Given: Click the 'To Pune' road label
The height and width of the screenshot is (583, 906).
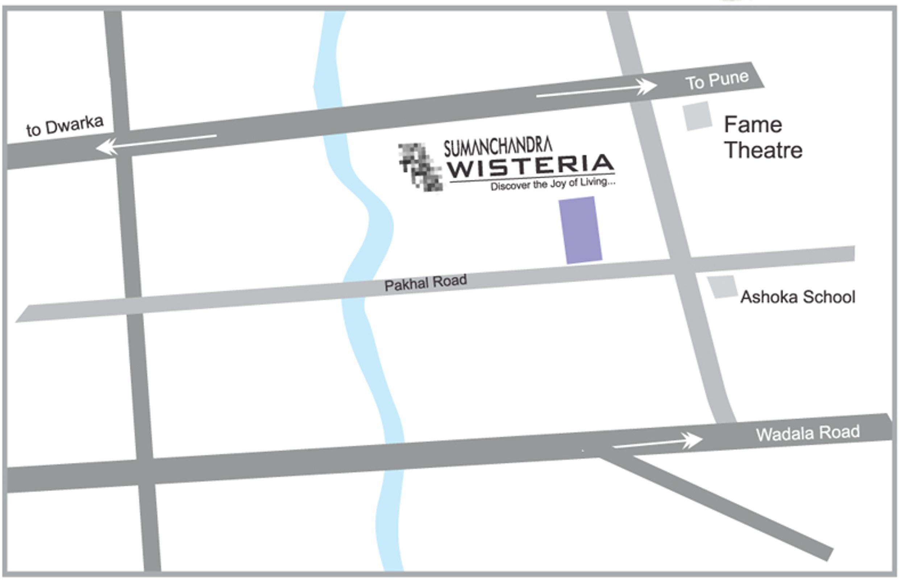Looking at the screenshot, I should (x=716, y=80).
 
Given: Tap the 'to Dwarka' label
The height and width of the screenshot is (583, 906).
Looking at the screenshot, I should (x=65, y=126).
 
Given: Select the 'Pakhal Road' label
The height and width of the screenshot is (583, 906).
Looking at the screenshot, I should (x=425, y=282).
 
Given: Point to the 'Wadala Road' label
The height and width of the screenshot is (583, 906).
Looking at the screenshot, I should (x=807, y=433).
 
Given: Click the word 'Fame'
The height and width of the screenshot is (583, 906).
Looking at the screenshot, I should (x=753, y=125).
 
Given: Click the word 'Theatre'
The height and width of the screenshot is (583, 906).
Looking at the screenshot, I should (x=763, y=150).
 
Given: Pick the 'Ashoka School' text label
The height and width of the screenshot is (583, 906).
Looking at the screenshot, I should (x=797, y=297).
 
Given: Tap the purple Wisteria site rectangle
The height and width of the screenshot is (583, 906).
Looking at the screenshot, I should (x=581, y=230).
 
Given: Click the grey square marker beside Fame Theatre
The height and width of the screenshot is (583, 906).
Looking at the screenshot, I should (x=697, y=116).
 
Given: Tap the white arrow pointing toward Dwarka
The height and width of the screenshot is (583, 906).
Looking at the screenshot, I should (x=155, y=142).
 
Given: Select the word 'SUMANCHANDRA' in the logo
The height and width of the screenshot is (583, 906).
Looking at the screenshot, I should (x=498, y=147).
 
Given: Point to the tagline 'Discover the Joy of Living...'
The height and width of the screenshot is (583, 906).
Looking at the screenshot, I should (x=552, y=184).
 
